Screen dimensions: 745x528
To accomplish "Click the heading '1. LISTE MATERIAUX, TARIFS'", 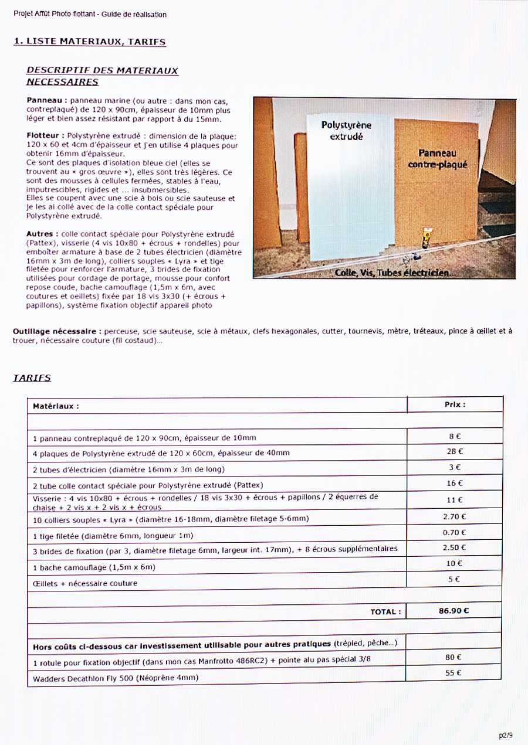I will (x=89, y=42).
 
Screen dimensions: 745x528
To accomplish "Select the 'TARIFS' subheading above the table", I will (x=32, y=378).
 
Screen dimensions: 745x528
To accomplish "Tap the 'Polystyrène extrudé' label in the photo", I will (x=346, y=131).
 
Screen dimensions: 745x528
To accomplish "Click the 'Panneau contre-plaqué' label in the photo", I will (x=438, y=159).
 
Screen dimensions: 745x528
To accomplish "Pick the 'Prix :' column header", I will (x=455, y=404).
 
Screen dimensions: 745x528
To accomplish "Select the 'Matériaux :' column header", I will (x=56, y=406).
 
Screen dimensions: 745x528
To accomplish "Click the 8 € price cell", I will (x=455, y=436).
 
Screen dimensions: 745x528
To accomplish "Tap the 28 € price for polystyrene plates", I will (x=455, y=451).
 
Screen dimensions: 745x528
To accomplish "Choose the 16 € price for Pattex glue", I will (x=455, y=484).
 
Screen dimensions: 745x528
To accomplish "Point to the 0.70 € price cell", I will (x=455, y=532).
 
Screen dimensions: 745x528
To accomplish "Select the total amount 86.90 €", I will (x=453, y=611).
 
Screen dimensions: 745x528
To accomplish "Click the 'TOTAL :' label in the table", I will (x=385, y=612).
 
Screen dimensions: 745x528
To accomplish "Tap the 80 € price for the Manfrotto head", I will (x=453, y=658).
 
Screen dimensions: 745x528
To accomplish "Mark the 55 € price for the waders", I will (x=453, y=673).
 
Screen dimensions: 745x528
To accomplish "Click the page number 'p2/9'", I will (x=505, y=735).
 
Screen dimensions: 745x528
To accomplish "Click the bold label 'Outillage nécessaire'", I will (x=56, y=331).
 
